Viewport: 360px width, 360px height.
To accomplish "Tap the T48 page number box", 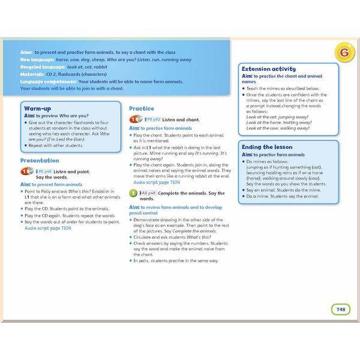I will click(x=340, y=309).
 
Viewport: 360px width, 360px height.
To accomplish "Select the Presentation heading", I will click(x=40, y=161).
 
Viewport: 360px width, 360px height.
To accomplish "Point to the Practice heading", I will click(x=142, y=109).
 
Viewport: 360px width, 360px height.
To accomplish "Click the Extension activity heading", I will click(x=268, y=69).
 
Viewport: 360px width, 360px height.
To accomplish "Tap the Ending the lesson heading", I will click(x=267, y=147).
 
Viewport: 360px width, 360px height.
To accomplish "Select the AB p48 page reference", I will click(x=149, y=193).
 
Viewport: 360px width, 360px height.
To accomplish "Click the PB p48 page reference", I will click(x=43, y=172).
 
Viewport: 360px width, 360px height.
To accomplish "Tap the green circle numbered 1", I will click(x=134, y=193).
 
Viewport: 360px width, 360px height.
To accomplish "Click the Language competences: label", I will click(x=48, y=82).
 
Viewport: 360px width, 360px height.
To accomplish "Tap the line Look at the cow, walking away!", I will click(x=277, y=128).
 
